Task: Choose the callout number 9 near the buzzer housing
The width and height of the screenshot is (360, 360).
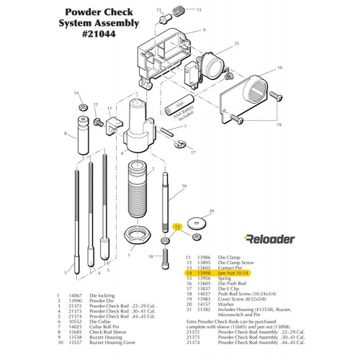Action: point(204,30)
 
